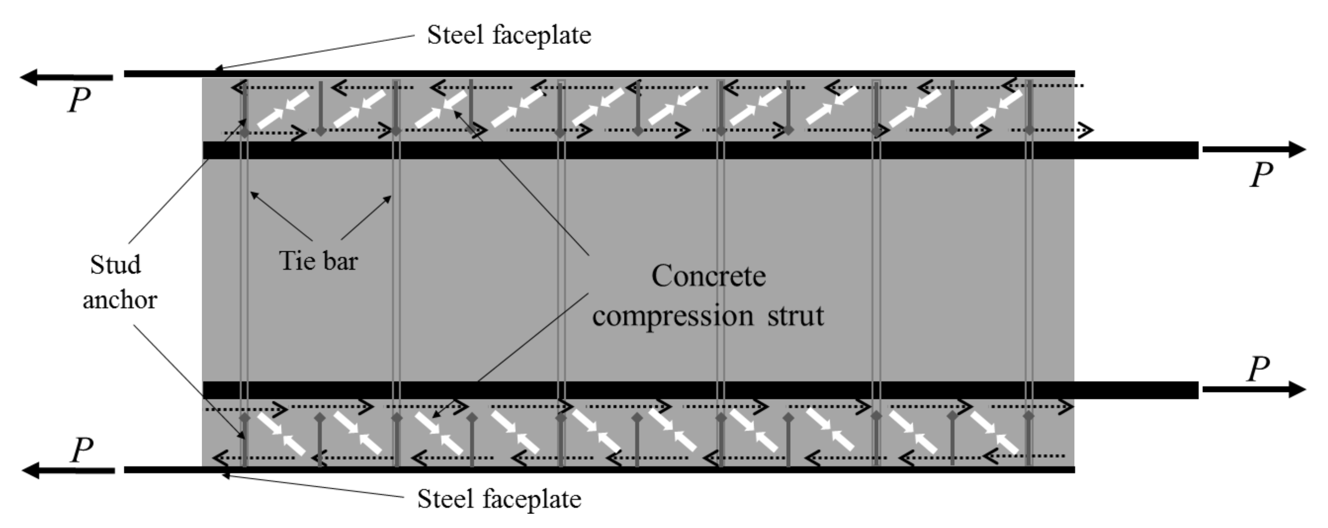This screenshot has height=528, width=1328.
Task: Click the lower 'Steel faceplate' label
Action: (499, 498)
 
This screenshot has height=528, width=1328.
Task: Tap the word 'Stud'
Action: (116, 265)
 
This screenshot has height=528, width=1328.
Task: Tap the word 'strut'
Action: (795, 315)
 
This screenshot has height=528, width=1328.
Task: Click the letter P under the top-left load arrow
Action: (79, 100)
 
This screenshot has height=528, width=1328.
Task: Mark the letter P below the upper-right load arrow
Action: (1261, 174)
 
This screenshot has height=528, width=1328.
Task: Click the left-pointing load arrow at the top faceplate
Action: (67, 78)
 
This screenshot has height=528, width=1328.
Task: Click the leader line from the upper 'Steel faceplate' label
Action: (315, 52)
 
